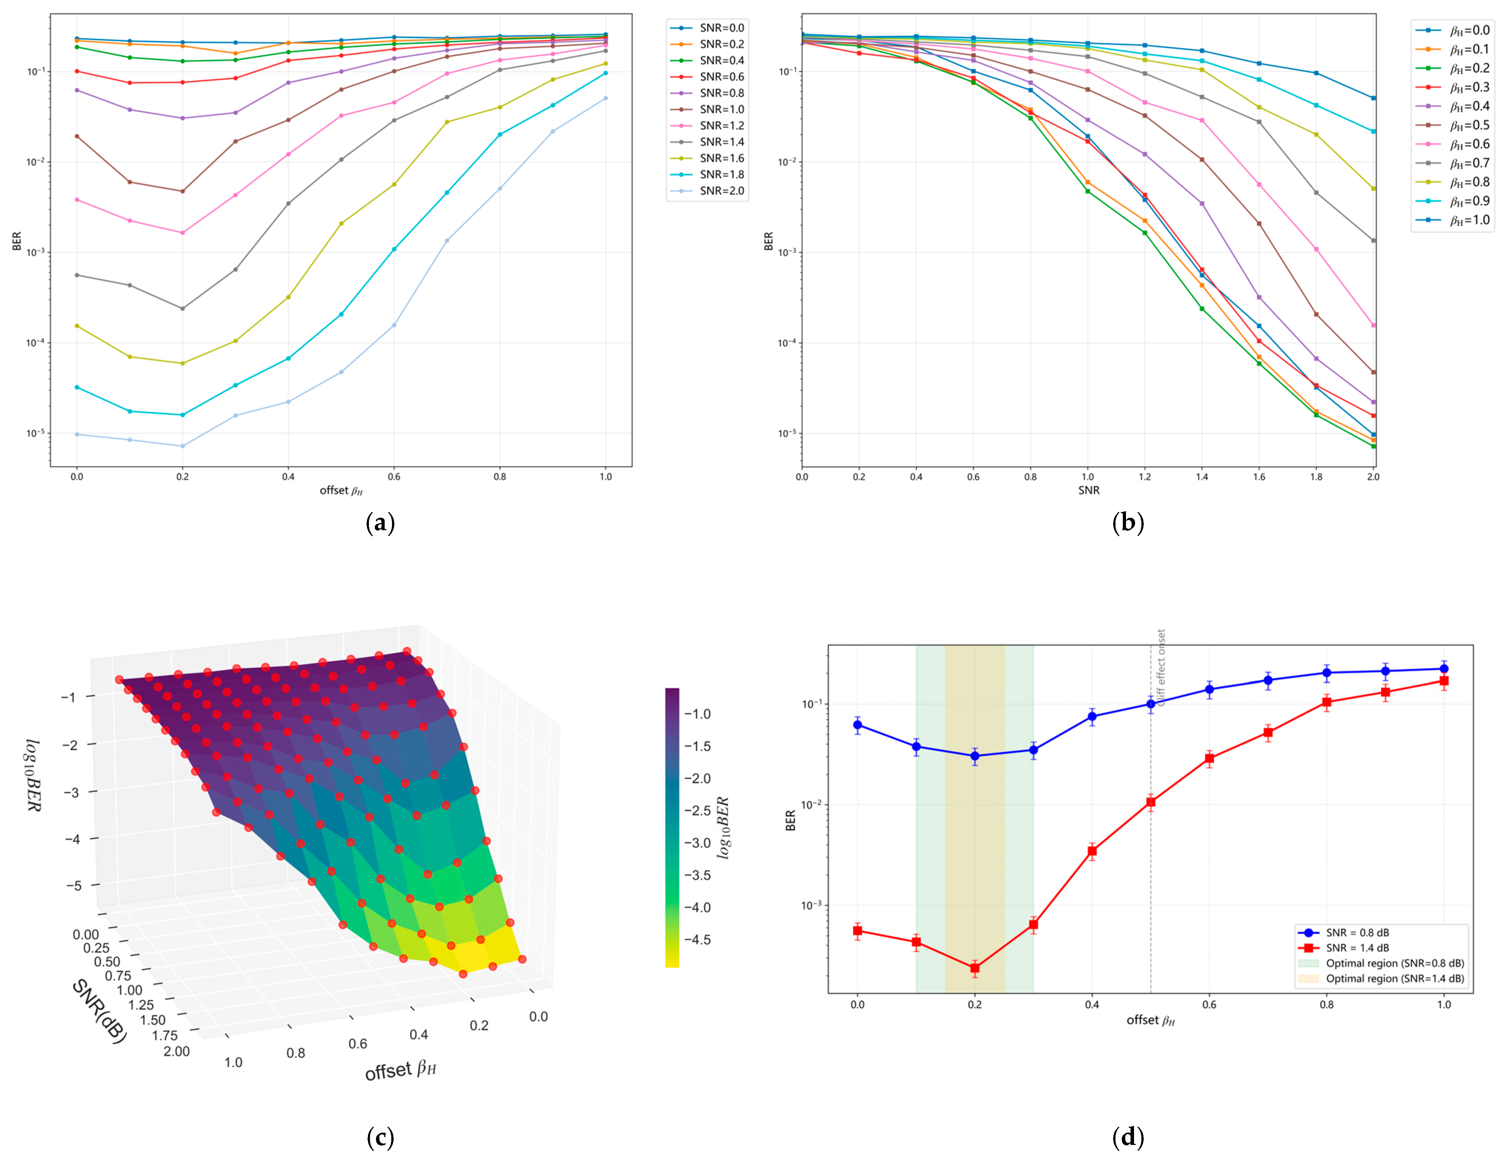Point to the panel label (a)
(x=380, y=524)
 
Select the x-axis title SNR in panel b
(x=1088, y=490)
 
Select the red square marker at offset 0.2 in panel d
(x=975, y=968)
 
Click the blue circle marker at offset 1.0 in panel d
(x=1444, y=669)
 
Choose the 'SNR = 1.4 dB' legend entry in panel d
(x=1357, y=948)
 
